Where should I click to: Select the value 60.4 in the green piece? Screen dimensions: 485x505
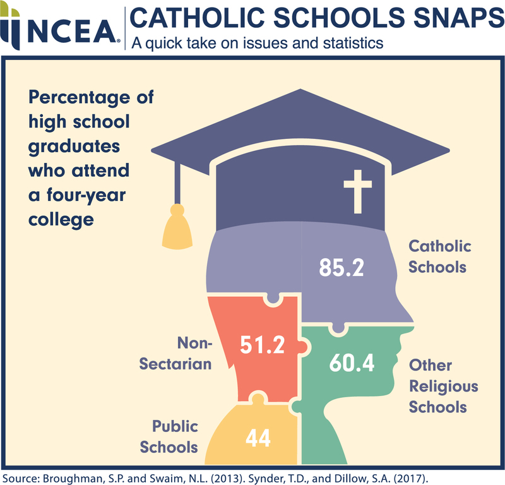(x=352, y=363)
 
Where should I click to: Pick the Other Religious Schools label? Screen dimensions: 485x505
(x=443, y=385)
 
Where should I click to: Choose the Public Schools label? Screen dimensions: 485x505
(x=169, y=436)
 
